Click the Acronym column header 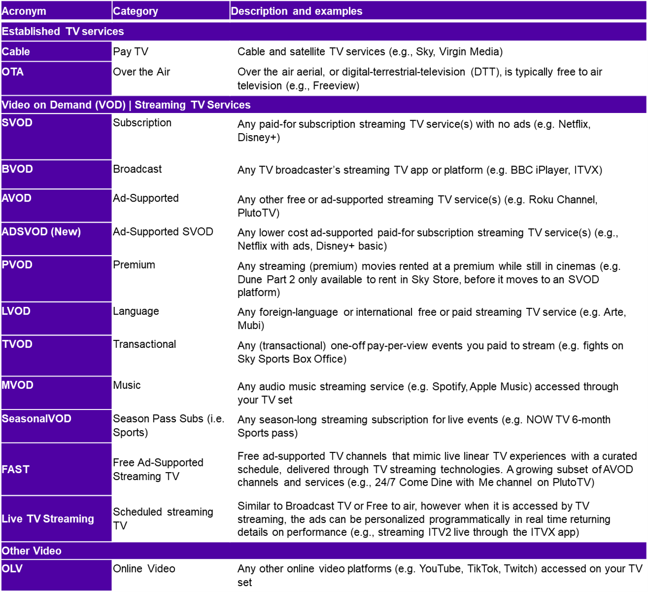point(24,11)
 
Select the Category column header point(135,11)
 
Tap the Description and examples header point(296,11)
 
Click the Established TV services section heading point(63,32)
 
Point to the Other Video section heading point(32,551)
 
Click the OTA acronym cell point(13,72)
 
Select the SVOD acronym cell point(17,123)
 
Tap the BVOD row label point(17,169)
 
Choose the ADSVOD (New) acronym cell point(41,232)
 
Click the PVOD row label point(17,265)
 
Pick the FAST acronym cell point(16,469)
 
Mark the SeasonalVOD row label point(37,418)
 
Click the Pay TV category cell point(131,52)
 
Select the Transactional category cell point(144,344)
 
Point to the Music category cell point(127,385)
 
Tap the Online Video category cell point(144,569)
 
